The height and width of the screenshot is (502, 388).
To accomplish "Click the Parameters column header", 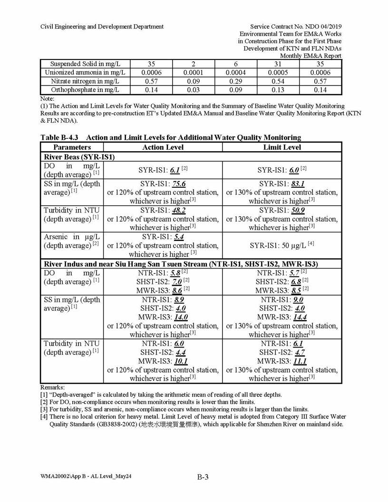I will [72, 147].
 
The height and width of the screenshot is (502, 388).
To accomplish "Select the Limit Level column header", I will [282, 147].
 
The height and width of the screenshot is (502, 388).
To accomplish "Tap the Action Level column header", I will [163, 147].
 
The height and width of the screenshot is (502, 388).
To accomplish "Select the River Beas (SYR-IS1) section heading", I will [79, 156].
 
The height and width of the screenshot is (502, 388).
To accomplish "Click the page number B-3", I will [203, 478].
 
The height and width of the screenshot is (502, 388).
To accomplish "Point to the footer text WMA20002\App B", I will [63, 476].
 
